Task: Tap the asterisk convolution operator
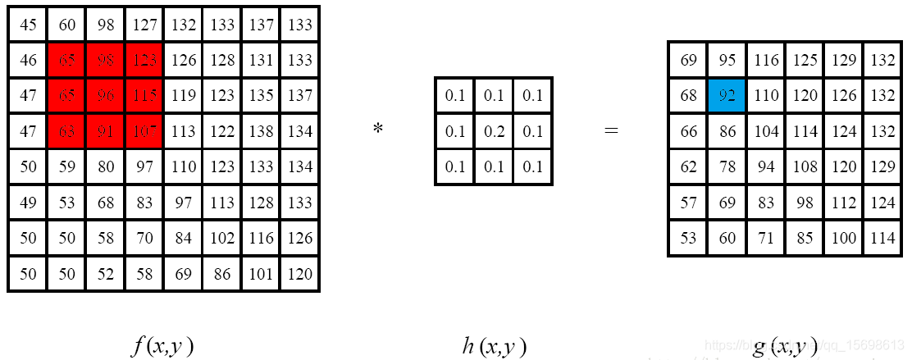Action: coord(378,128)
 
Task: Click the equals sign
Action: coord(611,130)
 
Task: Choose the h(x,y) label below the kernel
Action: coord(494,346)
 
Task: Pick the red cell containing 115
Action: coord(144,95)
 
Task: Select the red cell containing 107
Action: coord(144,130)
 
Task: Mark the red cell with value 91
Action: coord(106,130)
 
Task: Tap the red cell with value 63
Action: coord(67,130)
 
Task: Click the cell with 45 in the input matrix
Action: coord(28,25)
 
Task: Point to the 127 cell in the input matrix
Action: coord(144,25)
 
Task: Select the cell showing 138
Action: coord(262,130)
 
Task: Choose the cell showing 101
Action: coord(262,273)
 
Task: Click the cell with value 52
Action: coord(106,273)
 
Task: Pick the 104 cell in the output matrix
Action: coord(765,132)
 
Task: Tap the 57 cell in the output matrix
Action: coord(688,203)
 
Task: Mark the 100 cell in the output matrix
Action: coord(843,238)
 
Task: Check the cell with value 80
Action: coord(106,166)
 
